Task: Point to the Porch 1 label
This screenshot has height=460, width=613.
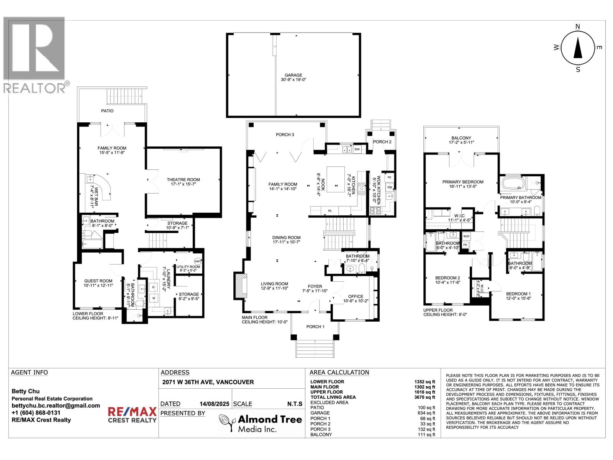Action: pos(315,327)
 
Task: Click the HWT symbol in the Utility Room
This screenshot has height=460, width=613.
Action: pos(197,261)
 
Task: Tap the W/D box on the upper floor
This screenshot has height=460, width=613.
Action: pos(467,236)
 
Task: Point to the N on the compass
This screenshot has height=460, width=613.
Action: pos(578,26)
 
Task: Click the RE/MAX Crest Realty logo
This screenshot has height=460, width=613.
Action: pos(132,415)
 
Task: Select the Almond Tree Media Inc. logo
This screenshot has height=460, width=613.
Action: pos(261,423)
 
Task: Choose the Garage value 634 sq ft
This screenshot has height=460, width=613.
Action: pos(426,413)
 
